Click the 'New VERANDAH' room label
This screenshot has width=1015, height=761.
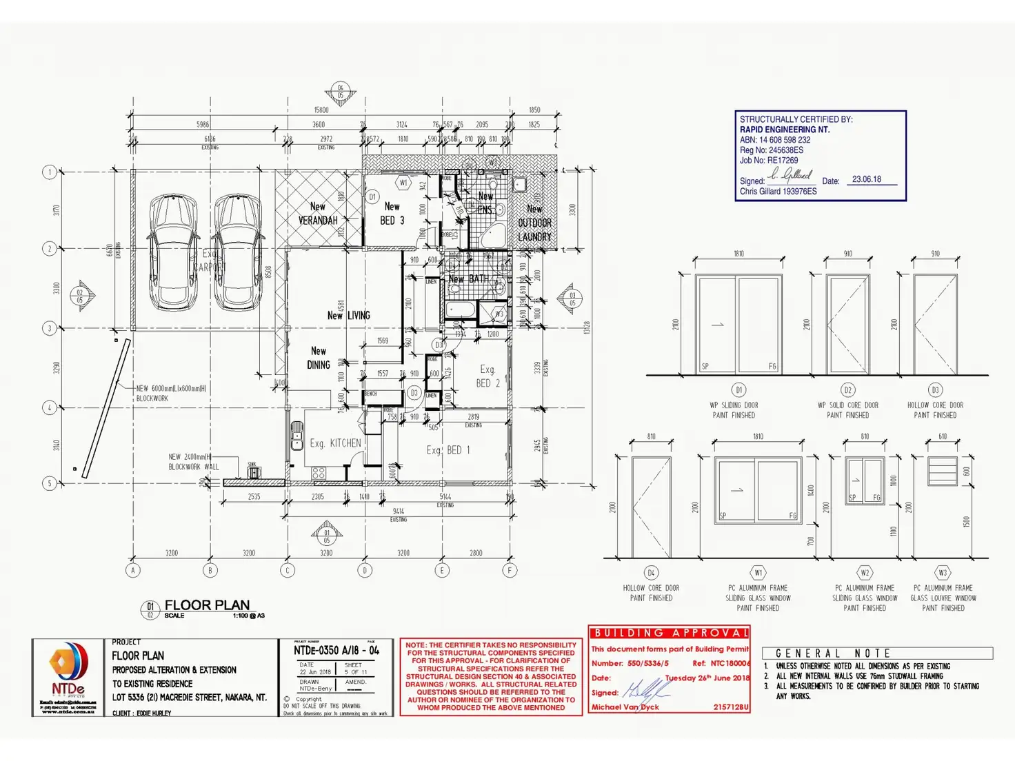318,214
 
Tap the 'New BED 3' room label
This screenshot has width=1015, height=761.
392,214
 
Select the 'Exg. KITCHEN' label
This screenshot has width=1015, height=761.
335,443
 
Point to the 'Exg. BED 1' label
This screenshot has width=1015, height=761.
448,450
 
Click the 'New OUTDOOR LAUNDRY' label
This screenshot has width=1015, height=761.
534,223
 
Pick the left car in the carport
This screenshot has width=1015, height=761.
173,252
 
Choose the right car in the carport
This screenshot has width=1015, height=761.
237,252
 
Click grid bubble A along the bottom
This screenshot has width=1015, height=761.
133,570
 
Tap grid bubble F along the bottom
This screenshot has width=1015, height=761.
510,570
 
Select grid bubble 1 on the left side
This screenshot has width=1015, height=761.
50,172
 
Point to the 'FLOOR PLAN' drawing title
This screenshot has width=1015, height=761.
207,605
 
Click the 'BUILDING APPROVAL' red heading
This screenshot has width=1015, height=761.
669,633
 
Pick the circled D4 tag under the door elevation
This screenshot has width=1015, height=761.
651,573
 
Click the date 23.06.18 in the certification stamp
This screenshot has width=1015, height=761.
866,179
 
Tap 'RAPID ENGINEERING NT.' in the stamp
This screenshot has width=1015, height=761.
785,130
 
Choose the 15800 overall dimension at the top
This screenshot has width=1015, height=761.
321,110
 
